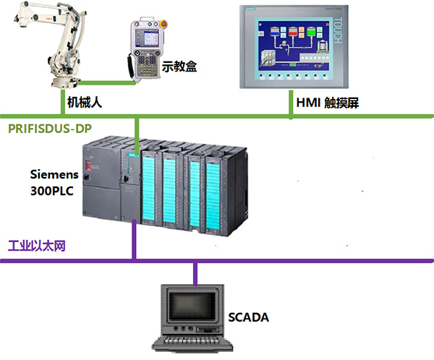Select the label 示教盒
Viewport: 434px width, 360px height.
(181, 67)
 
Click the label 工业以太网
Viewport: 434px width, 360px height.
(36, 246)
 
